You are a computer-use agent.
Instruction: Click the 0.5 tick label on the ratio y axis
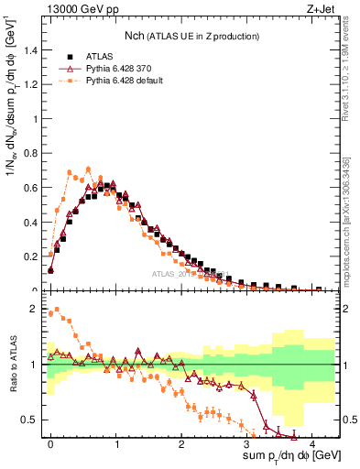coord(31,420)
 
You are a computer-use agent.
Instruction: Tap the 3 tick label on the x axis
coord(246,442)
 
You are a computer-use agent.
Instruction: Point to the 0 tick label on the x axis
coord(50,442)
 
